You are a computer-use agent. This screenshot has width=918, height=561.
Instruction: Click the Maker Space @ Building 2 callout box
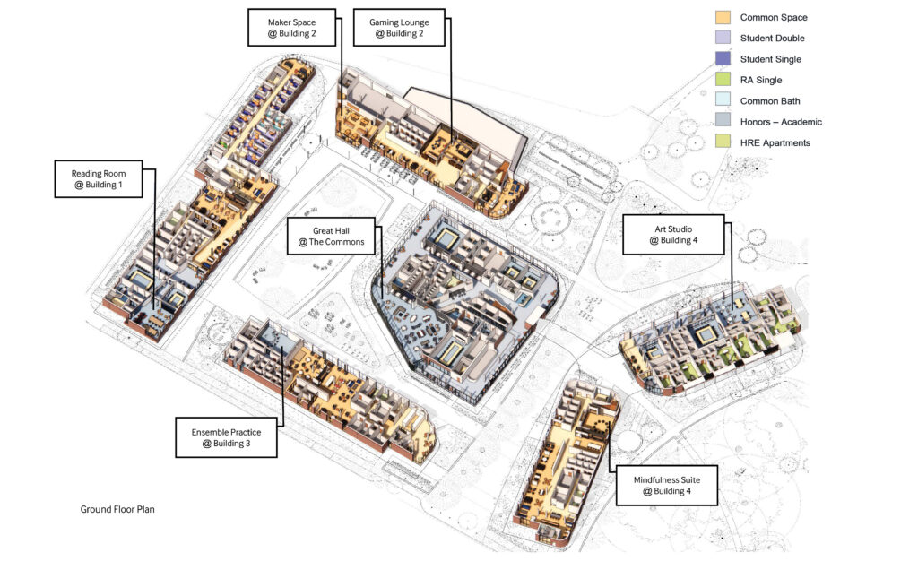[291, 28]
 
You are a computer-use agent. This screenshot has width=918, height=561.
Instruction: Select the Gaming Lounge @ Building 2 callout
[399, 28]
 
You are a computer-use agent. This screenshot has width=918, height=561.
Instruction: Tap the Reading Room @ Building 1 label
[99, 179]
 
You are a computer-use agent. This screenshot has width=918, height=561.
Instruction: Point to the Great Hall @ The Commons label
[331, 237]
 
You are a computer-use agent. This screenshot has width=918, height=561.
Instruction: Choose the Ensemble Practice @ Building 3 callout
[226, 437]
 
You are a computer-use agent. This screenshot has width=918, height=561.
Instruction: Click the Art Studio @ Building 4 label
[673, 235]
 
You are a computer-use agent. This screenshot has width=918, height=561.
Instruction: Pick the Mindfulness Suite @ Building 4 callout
[667, 486]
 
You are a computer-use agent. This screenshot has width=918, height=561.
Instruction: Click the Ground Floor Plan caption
[117, 510]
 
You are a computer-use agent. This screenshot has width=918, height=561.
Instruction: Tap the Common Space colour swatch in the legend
[723, 17]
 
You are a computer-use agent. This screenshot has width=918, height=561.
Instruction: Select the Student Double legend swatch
[723, 38]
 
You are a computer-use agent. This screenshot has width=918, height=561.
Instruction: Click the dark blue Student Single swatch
[723, 58]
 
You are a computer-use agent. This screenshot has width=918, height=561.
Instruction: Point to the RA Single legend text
[761, 80]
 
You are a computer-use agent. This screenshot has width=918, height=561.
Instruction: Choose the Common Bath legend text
[770, 101]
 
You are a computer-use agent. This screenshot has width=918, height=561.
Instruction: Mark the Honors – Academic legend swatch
[723, 121]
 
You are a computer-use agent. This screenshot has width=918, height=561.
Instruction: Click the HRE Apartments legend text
[775, 142]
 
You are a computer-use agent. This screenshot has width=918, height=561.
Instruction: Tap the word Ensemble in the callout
[210, 432]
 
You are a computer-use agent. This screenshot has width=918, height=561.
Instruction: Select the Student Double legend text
[772, 38]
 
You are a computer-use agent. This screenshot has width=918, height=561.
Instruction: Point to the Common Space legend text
[774, 18]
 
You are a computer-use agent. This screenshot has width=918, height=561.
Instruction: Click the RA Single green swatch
[723, 80]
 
